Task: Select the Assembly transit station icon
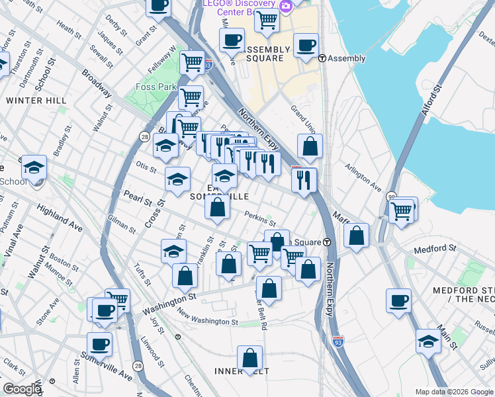point(322,58)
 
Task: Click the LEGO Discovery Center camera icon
point(286,6)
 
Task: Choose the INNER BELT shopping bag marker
point(249,359)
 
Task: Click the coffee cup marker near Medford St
point(398,301)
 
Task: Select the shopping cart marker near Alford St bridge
point(401,211)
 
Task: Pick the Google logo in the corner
point(22,389)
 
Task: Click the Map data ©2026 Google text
point(453,392)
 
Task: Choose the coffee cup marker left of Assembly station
point(306,46)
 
